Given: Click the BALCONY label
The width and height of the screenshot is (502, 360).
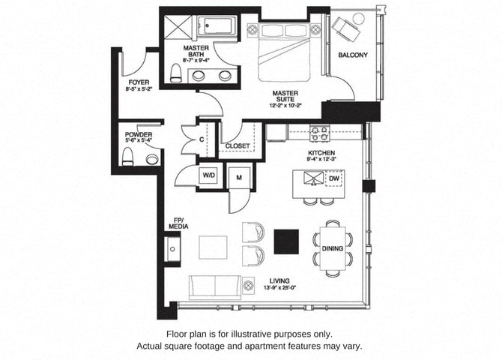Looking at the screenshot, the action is click(x=353, y=55).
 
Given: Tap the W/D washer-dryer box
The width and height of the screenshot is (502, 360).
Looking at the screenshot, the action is click(x=209, y=175).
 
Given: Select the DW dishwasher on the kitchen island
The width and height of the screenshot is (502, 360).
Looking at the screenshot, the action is click(x=334, y=178).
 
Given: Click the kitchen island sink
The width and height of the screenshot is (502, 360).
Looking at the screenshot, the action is click(x=314, y=178).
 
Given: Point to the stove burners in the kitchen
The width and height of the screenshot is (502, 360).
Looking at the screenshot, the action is click(x=319, y=133).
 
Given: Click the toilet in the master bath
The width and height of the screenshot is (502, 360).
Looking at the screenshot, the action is click(x=175, y=73).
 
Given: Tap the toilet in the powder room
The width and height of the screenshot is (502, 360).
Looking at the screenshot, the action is click(x=127, y=157).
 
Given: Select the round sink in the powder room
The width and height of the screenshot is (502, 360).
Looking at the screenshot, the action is click(x=152, y=159).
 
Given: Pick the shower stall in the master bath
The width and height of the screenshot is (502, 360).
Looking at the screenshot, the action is click(x=178, y=28).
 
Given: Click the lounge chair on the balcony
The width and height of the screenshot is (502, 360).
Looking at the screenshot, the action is click(x=346, y=26).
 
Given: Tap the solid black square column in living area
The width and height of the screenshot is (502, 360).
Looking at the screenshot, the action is click(x=286, y=241).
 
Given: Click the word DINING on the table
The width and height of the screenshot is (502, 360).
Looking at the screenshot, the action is click(x=333, y=248).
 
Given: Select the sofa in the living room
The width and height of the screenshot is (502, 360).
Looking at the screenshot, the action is click(x=215, y=287).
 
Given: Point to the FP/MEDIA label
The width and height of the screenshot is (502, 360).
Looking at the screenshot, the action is click(x=178, y=223).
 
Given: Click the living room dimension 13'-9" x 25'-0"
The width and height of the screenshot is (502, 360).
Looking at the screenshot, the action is click(x=279, y=288).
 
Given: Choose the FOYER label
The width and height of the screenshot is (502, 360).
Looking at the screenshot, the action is click(x=139, y=82).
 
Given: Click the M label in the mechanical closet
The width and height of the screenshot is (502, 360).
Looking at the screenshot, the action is click(x=239, y=178).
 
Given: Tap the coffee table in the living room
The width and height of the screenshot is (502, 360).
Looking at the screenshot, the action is click(x=214, y=247).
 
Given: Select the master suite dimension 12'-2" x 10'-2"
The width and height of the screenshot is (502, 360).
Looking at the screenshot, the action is click(x=285, y=105).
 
